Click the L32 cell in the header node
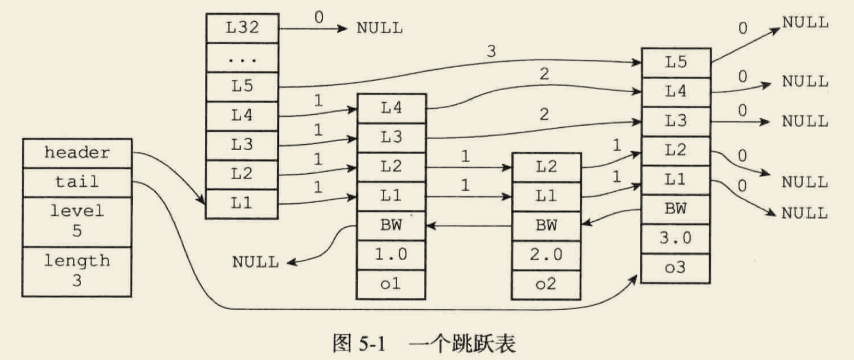pyautogui.click(x=242, y=28)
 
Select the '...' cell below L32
pyautogui.click(x=242, y=57)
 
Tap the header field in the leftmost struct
pyautogui.click(x=77, y=153)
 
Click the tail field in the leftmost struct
pyautogui.click(x=77, y=181)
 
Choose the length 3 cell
pyautogui.click(x=77, y=272)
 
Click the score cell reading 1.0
pyautogui.click(x=390, y=255)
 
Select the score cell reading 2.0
pyautogui.click(x=546, y=255)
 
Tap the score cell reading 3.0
pyautogui.click(x=675, y=239)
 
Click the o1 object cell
pyautogui.click(x=390, y=285)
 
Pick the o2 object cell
pyautogui.click(x=546, y=285)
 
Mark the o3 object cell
pyautogui.click(x=675, y=268)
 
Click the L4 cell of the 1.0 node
pyautogui.click(x=390, y=108)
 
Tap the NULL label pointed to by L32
pyautogui.click(x=380, y=28)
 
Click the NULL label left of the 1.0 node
pyautogui.click(x=255, y=262)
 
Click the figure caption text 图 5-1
pyautogui.click(x=358, y=345)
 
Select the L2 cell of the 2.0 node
pyautogui.click(x=546, y=167)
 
